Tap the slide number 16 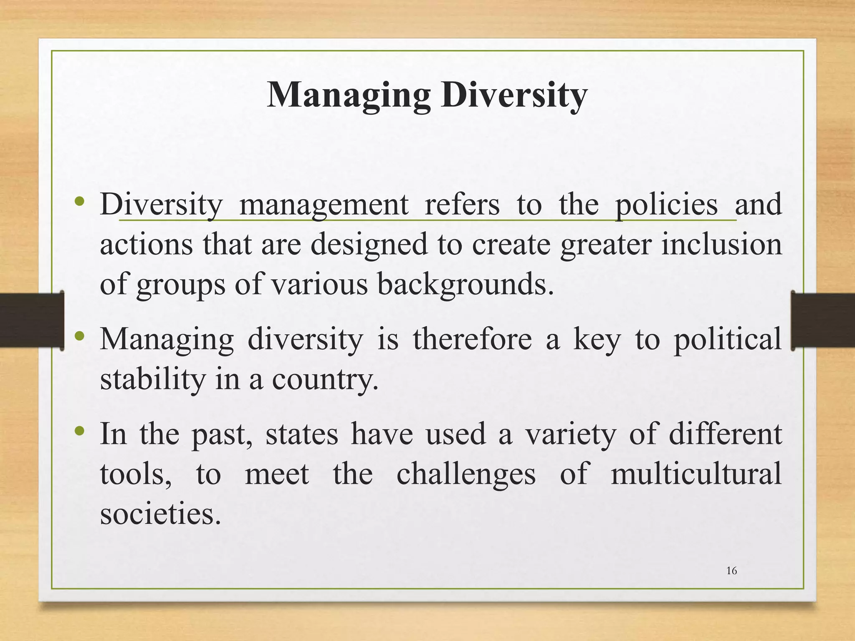(x=731, y=570)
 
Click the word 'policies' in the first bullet (x=666, y=204)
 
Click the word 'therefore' (x=473, y=339)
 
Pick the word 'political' (x=728, y=339)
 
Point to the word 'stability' (x=153, y=379)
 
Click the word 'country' (x=324, y=379)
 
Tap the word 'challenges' (x=466, y=474)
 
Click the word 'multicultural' (x=696, y=474)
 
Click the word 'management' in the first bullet (x=324, y=204)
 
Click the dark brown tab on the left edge (x=32, y=320)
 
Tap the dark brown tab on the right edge (x=823, y=320)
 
